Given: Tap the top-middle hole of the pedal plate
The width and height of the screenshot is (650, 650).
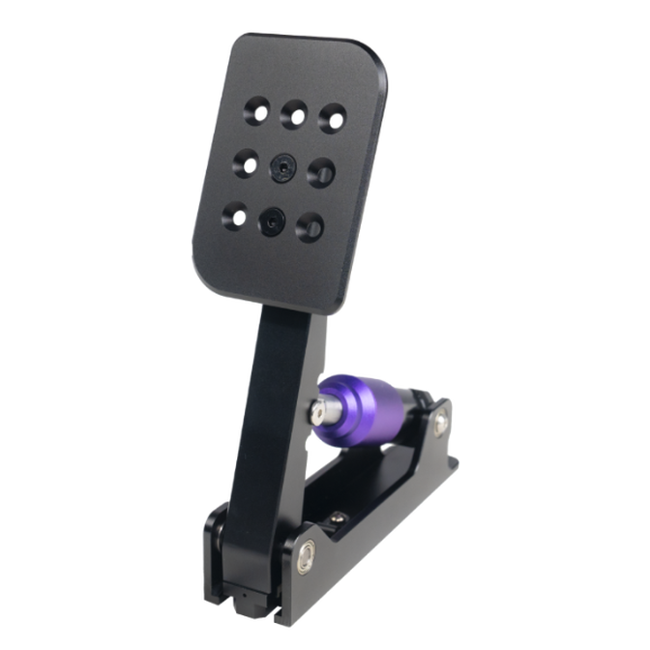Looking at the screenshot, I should tap(294, 114).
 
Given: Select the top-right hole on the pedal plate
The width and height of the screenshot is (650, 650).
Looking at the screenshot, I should tap(332, 117).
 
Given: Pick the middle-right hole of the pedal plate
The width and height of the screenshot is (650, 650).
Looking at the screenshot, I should tap(321, 172).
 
